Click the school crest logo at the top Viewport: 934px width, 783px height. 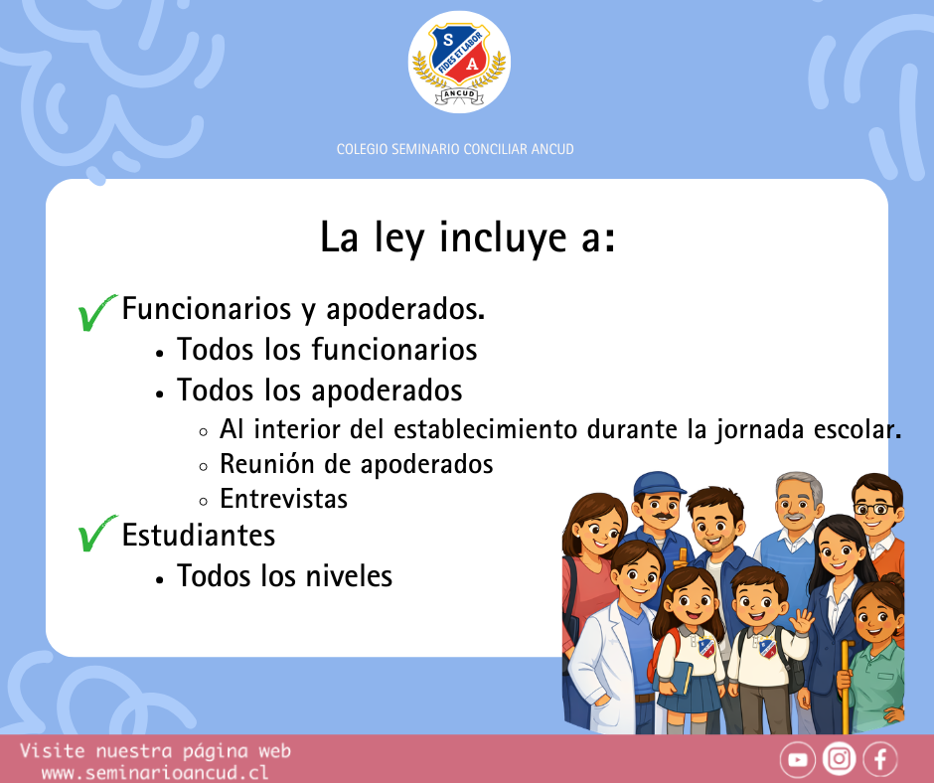click(459, 62)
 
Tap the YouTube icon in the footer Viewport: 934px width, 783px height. click(798, 759)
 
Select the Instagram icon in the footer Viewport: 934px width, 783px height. click(839, 759)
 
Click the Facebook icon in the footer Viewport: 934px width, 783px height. click(880, 759)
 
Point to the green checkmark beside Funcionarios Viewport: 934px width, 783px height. click(95, 312)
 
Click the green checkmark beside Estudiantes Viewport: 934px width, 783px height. click(95, 534)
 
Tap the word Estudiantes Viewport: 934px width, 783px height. click(199, 536)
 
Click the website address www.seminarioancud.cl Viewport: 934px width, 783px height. click(155, 772)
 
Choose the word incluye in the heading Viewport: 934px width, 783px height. click(503, 237)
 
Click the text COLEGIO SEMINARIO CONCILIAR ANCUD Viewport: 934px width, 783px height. click(455, 149)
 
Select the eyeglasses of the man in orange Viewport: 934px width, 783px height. click(874, 509)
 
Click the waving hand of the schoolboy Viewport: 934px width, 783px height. click(802, 621)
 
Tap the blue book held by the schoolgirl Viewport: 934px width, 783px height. click(674, 678)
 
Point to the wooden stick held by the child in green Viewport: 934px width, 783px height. click(846, 687)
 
